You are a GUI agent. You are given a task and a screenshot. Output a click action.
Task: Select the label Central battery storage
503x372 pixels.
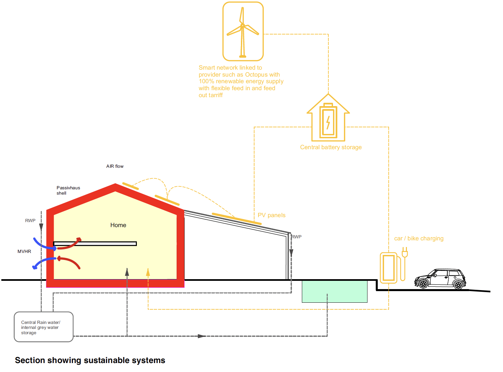pyautogui.click(x=331, y=147)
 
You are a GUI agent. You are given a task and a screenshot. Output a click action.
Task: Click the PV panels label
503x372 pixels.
pyautogui.click(x=271, y=215)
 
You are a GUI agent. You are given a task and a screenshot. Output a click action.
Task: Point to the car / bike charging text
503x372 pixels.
pyautogui.click(x=419, y=238)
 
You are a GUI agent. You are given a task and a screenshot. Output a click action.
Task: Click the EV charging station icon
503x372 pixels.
pyautogui.click(x=389, y=268)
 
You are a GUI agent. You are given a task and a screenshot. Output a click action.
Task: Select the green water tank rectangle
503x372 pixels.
pyautogui.click(x=334, y=291)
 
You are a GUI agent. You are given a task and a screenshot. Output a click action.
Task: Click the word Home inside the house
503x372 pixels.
pyautogui.click(x=118, y=225)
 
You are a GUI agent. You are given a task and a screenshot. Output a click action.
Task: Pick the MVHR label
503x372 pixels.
pyautogui.click(x=24, y=252)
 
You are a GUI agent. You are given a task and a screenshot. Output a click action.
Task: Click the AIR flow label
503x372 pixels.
pyautogui.click(x=115, y=166)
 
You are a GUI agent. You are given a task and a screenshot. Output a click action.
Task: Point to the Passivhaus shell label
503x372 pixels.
pyautogui.click(x=68, y=190)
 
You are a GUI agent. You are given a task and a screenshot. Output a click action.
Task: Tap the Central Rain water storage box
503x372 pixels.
pyautogui.click(x=43, y=327)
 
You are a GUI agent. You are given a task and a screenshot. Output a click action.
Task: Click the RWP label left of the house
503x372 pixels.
pyautogui.click(x=30, y=220)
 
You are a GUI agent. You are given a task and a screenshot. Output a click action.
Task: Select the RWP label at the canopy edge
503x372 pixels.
pyautogui.click(x=297, y=237)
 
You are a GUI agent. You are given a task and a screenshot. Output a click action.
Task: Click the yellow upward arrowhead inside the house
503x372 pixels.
pyautogui.click(x=148, y=272)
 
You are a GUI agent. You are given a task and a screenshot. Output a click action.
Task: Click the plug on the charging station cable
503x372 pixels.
pyautogui.click(x=405, y=252)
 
